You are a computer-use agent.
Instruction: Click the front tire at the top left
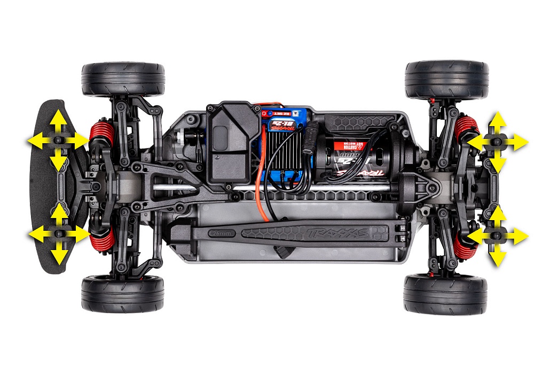123,79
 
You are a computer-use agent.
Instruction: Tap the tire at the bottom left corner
123,294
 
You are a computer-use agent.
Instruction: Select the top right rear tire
446,80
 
